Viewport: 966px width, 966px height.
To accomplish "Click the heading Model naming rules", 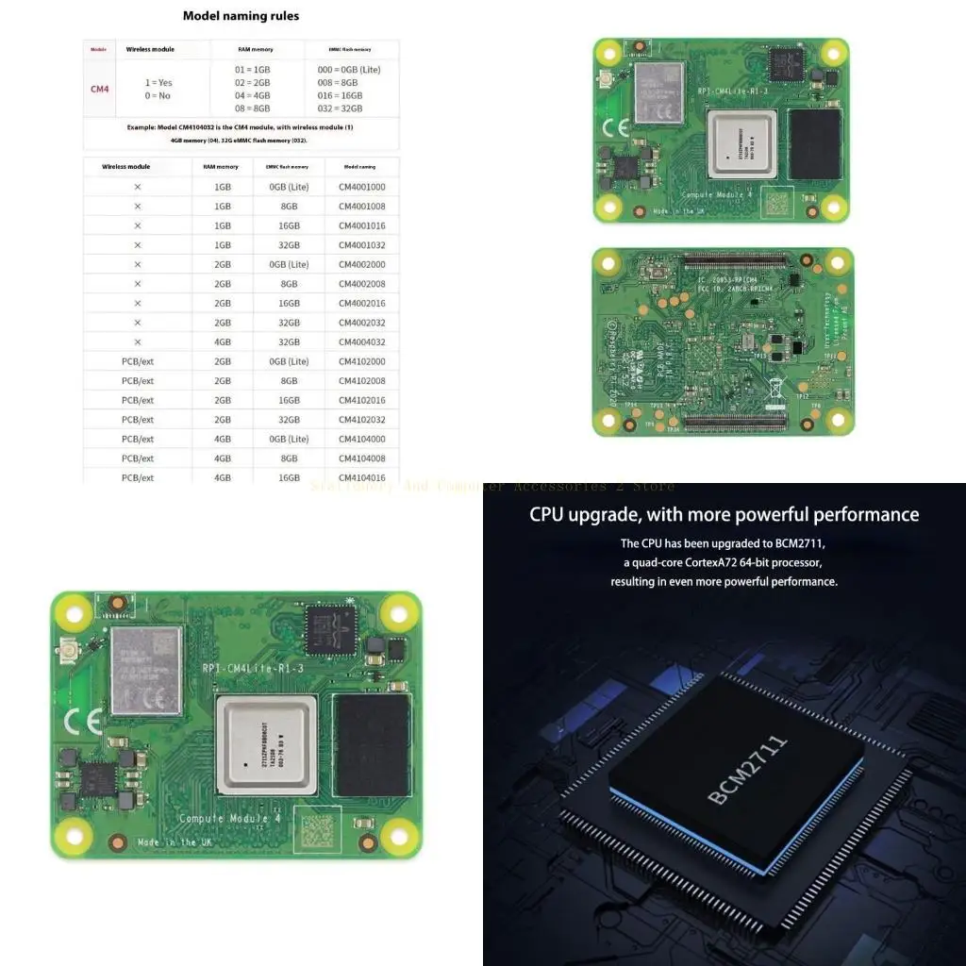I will (241, 16).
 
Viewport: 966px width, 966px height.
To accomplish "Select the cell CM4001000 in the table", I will (361, 187).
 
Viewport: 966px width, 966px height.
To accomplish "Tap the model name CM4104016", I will (361, 477).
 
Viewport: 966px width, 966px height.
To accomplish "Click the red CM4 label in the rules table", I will (100, 89).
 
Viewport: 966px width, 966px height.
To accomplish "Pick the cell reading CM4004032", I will (361, 341).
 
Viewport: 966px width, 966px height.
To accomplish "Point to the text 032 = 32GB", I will (337, 108).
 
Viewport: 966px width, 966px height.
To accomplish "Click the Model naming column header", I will (361, 166).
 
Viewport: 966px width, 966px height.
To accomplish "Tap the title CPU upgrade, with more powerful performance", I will (724, 514).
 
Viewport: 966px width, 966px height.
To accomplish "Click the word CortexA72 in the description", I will (729, 562).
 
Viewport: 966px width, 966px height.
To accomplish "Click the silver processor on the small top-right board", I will (741, 143).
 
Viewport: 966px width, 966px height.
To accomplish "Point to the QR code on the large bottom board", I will (318, 830).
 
